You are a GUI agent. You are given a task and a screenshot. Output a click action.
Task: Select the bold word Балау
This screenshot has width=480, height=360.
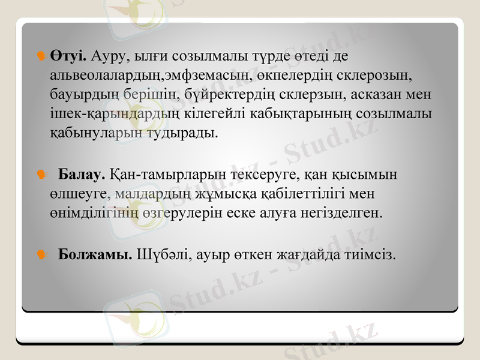(82, 175)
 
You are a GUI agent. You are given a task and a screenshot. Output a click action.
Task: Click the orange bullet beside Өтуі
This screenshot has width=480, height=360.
(41, 56)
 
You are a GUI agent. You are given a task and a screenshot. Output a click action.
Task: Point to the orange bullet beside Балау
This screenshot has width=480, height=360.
(41, 175)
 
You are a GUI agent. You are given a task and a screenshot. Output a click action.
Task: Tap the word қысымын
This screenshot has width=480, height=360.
(367, 175)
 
